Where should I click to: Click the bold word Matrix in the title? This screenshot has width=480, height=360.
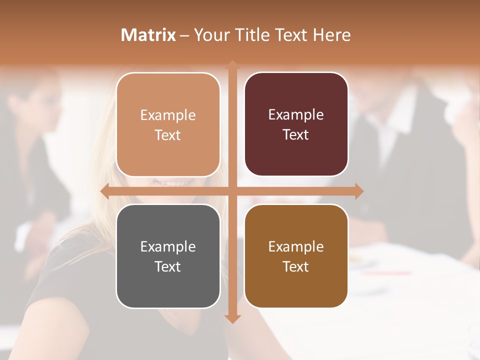click(x=148, y=35)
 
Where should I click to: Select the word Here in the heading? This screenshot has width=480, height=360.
click(x=331, y=35)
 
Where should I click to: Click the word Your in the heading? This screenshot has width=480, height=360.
click(x=210, y=35)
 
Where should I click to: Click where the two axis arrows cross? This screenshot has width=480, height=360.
click(x=232, y=191)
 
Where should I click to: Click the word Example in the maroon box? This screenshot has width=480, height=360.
click(x=296, y=115)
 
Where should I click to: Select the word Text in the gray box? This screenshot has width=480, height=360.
click(x=167, y=266)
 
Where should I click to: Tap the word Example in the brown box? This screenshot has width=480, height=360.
click(x=296, y=246)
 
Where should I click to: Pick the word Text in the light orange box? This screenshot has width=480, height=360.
click(x=167, y=135)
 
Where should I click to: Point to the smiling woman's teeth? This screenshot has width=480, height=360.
click(x=170, y=182)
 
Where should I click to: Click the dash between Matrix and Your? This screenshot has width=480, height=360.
click(x=184, y=35)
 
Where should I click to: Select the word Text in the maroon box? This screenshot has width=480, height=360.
click(x=295, y=135)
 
